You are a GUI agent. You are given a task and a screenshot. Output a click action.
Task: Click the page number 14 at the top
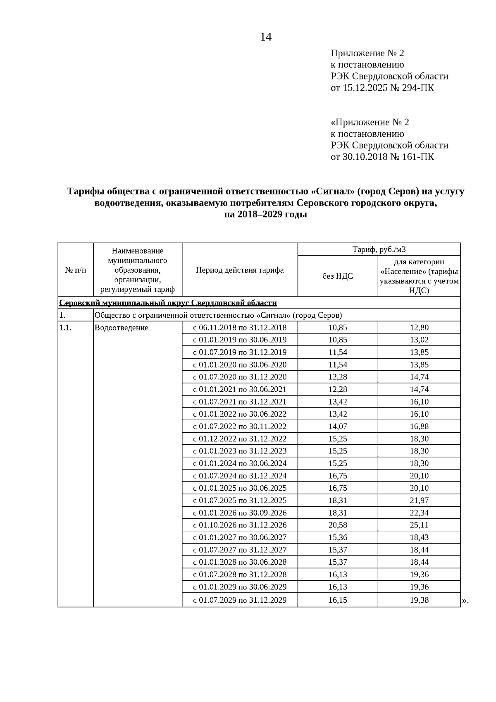click(266, 37)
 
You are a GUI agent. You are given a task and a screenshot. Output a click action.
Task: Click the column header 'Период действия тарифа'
click(240, 270)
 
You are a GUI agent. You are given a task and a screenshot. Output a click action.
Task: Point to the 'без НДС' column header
click(338, 276)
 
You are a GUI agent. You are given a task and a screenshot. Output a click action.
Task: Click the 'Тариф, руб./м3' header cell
click(379, 249)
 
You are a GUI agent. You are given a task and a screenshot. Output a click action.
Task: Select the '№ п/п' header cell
click(76, 270)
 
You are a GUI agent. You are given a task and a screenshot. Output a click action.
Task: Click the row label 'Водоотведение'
click(121, 328)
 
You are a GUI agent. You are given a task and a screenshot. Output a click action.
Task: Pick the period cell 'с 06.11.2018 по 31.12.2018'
click(240, 328)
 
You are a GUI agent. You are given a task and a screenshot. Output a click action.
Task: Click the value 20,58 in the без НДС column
click(338, 525)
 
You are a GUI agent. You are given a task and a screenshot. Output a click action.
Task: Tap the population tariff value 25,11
click(419, 525)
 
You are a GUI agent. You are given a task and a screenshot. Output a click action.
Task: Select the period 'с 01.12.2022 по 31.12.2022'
click(240, 438)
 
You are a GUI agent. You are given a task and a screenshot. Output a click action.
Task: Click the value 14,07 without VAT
click(338, 426)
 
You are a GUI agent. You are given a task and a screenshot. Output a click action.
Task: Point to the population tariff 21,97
click(419, 500)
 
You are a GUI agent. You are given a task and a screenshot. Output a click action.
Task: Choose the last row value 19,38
click(419, 600)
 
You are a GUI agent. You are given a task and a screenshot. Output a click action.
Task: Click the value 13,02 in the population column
click(419, 340)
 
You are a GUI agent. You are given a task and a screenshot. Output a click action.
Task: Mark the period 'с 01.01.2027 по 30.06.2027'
click(240, 537)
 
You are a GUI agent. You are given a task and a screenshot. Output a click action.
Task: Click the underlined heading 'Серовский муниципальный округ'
click(168, 303)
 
